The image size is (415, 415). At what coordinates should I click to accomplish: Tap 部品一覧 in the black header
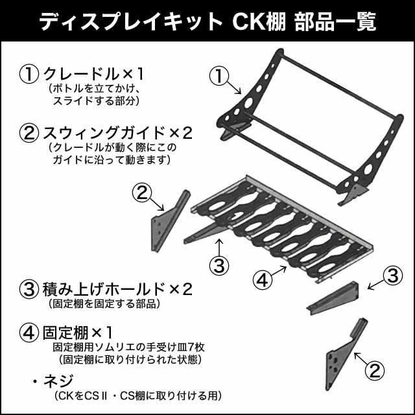click(x=335, y=21)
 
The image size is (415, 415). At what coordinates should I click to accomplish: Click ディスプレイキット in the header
click(x=131, y=22)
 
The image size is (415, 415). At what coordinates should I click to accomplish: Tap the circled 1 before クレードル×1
click(x=29, y=74)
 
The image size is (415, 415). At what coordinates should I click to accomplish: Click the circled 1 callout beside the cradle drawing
click(x=219, y=76)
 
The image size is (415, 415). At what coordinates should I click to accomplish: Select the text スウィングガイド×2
click(x=117, y=133)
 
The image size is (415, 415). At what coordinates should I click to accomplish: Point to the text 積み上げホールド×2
click(x=117, y=289)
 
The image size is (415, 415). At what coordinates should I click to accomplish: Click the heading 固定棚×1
click(x=78, y=333)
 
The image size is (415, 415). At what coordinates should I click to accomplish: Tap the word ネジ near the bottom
click(x=58, y=381)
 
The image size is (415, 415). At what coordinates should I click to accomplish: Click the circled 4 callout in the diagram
click(x=263, y=280)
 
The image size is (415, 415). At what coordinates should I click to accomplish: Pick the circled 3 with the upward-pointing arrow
click(x=219, y=265)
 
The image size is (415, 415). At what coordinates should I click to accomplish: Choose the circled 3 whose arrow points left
click(x=393, y=276)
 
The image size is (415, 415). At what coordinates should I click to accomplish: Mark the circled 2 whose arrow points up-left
click(x=375, y=371)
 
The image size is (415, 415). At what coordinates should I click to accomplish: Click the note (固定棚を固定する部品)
click(x=105, y=304)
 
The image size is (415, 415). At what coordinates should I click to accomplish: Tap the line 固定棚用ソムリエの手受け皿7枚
click(x=129, y=348)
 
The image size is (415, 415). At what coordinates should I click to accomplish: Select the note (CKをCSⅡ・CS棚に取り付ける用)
click(x=138, y=396)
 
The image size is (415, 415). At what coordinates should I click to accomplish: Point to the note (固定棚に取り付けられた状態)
click(x=130, y=360)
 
